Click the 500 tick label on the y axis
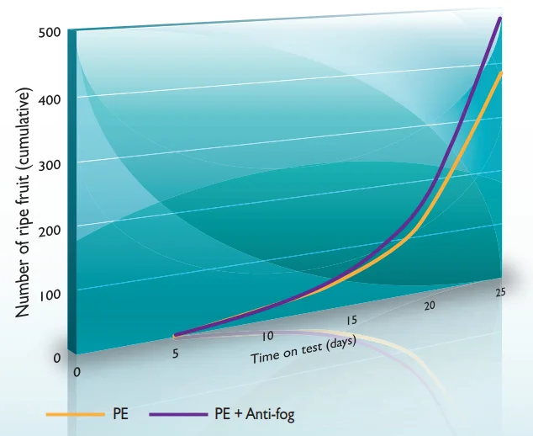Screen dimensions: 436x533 [x=49, y=33]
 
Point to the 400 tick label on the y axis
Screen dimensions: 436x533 [x=49, y=98]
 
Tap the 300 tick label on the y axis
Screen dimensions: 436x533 [x=49, y=164]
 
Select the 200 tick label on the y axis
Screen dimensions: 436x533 [x=49, y=230]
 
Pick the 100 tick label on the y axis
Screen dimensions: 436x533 [x=49, y=295]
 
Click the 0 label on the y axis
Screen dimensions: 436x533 [x=57, y=358]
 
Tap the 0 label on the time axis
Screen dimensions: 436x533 [x=78, y=371]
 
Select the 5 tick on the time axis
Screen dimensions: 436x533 [x=175, y=354]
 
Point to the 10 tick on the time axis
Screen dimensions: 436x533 [x=267, y=336]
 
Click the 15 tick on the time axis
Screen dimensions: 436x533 [x=351, y=320]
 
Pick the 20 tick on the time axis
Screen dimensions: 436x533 [x=430, y=306]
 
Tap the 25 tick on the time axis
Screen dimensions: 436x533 [x=499, y=292]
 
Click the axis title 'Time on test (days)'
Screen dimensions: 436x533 [x=303, y=349]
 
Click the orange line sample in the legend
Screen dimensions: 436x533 [x=74, y=414]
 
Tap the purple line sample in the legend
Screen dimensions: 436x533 [x=177, y=414]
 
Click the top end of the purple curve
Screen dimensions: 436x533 [x=501, y=18]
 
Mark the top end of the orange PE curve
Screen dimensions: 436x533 [x=501, y=73]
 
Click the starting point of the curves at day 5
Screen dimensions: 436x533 [x=175, y=335]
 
